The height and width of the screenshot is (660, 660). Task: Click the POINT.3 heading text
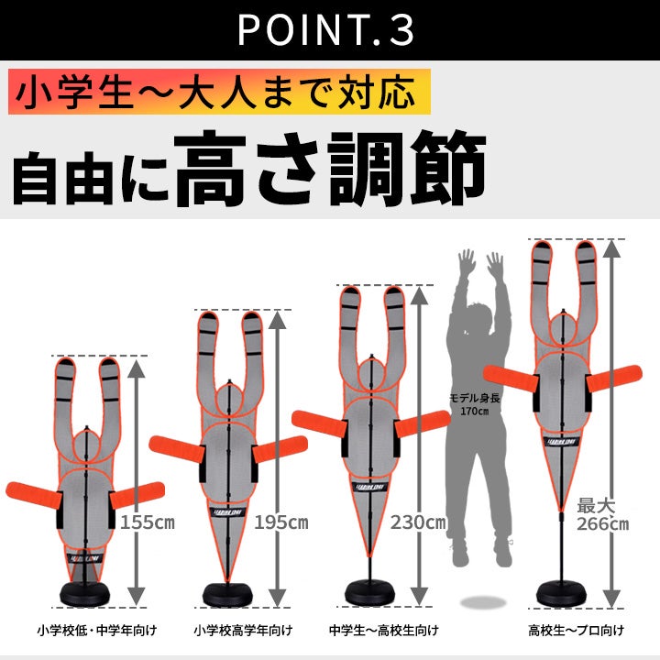325,29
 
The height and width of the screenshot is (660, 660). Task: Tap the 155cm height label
148,522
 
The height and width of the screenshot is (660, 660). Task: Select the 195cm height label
281,522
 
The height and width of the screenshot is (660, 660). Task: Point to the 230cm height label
418,522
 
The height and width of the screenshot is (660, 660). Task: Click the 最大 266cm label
602,514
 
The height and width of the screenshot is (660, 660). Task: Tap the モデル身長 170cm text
475,404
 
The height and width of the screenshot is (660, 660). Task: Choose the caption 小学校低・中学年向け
97,630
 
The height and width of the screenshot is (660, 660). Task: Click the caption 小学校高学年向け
243,630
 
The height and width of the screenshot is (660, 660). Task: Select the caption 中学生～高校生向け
383,630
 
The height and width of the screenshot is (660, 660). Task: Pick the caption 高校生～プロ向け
577,630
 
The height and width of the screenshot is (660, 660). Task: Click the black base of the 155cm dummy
84,594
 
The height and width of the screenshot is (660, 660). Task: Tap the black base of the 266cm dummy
561,593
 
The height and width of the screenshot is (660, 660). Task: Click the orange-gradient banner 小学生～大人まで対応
219,92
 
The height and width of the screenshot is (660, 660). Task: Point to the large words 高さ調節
330,169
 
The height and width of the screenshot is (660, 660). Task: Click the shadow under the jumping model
483,602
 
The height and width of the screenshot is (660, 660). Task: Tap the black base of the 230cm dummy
370,593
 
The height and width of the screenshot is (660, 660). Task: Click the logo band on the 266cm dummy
562,442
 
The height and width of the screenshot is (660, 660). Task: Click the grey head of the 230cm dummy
371,376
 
